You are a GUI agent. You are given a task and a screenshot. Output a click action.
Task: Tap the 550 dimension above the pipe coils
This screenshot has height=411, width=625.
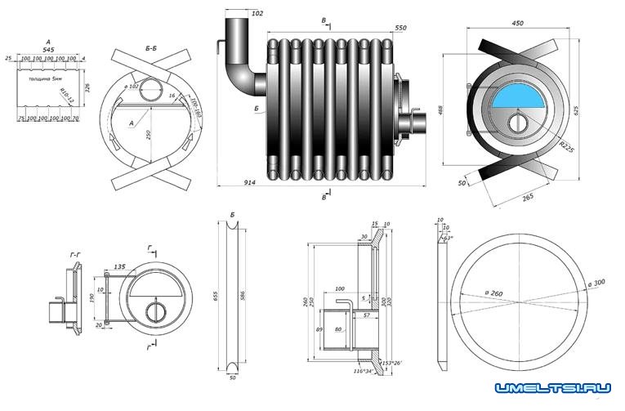(400, 29)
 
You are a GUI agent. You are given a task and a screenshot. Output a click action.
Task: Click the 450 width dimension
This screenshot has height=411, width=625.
(517, 24)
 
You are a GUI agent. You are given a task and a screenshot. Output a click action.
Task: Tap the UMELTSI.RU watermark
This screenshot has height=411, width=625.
(553, 391)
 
